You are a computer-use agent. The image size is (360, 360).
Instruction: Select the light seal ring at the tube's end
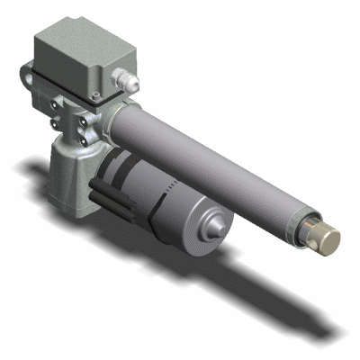[307, 226]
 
